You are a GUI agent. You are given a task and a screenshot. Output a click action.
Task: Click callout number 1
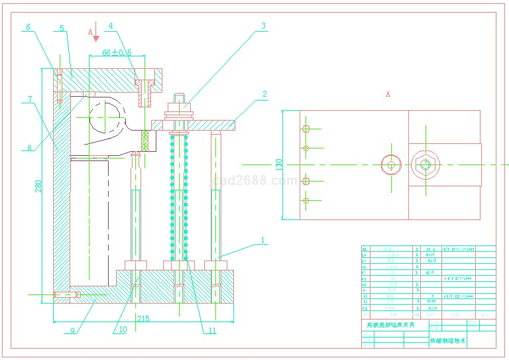click(262, 239)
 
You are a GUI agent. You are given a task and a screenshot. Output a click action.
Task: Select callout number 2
click(264, 94)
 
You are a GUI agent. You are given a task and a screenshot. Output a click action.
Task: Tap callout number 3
click(263, 26)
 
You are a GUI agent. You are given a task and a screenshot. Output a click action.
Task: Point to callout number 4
click(111, 27)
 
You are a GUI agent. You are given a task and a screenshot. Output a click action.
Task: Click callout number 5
click(62, 29)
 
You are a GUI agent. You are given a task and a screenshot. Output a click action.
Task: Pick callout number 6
click(28, 27)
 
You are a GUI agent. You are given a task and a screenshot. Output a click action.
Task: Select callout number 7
click(29, 99)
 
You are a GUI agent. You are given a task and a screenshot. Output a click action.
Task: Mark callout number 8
click(29, 149)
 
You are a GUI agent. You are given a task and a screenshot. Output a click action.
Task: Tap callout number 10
click(123, 330)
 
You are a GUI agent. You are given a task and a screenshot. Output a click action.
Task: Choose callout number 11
click(212, 330)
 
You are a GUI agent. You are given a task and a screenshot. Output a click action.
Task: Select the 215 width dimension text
click(143, 319)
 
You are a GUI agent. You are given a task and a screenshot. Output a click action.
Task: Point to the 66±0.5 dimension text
click(117, 52)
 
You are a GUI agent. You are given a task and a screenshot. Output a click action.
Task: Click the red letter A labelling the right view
click(388, 94)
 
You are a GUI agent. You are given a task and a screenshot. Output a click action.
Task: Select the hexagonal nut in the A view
click(425, 164)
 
